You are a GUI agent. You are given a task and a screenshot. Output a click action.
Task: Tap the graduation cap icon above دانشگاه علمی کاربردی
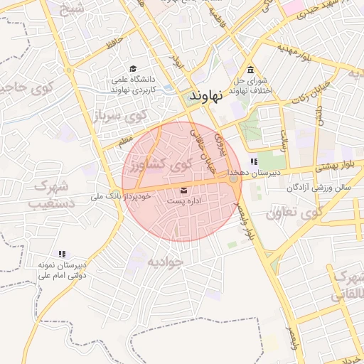pos(133,69)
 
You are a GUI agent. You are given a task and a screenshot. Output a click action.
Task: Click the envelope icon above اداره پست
pos(185,190)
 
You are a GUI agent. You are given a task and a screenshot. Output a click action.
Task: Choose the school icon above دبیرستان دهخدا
pos(254,162)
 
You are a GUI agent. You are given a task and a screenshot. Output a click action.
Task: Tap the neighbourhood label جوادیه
pos(165,262)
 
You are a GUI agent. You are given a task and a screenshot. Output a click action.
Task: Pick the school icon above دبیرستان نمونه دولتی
pos(62,253)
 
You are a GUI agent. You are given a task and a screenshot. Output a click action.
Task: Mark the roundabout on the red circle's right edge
pos(233,178)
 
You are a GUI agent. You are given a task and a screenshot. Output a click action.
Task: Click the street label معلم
pos(126,141)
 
